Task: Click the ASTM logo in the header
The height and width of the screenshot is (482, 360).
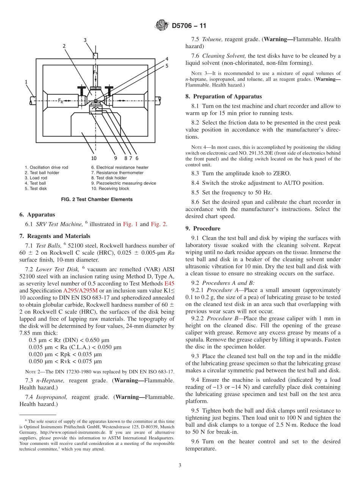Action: [162, 26]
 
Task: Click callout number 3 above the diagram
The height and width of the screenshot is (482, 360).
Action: [85, 40]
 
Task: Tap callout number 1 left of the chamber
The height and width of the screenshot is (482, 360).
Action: [26, 81]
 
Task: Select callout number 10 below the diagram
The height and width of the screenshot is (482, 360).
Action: [94, 158]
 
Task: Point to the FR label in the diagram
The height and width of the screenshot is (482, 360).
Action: [61, 100]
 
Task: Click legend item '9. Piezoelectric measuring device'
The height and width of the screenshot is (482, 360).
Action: [124, 183]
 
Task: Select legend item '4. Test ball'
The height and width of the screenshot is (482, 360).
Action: [35, 183]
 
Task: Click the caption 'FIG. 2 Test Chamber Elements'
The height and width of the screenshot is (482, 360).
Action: [97, 199]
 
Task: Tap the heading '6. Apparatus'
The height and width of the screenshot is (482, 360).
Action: [37, 214]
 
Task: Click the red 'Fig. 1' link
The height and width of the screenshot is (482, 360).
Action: [130, 224]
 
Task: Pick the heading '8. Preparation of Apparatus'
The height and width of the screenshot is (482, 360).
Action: [224, 96]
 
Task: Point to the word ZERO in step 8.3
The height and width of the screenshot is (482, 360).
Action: [282, 174]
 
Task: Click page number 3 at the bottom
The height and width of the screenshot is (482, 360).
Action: [180, 465]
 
